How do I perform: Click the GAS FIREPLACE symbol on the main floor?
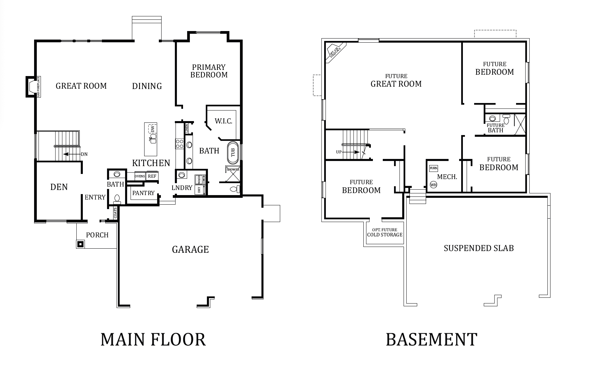(x=31, y=87)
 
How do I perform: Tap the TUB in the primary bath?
(x=233, y=152)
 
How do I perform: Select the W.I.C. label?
(x=223, y=121)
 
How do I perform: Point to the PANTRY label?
(x=144, y=193)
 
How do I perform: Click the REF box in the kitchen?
(x=152, y=176)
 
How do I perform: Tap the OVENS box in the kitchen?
(x=140, y=176)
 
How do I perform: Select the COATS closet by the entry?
(x=116, y=213)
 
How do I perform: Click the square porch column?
(x=80, y=244)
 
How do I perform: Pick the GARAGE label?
(x=190, y=250)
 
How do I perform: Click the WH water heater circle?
(x=433, y=185)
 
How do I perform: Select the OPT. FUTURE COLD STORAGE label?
(x=385, y=232)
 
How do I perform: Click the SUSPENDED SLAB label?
(x=479, y=248)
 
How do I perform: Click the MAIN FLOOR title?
(x=153, y=339)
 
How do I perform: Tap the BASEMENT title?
(x=432, y=339)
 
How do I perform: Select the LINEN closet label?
(x=187, y=129)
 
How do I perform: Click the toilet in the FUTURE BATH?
(x=506, y=119)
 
